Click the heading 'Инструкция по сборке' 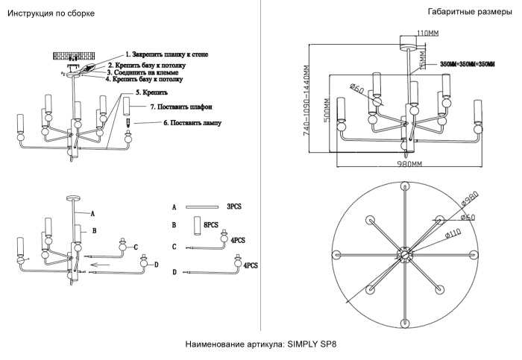(50, 14)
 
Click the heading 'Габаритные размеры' (470, 13)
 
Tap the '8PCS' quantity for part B (211, 224)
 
